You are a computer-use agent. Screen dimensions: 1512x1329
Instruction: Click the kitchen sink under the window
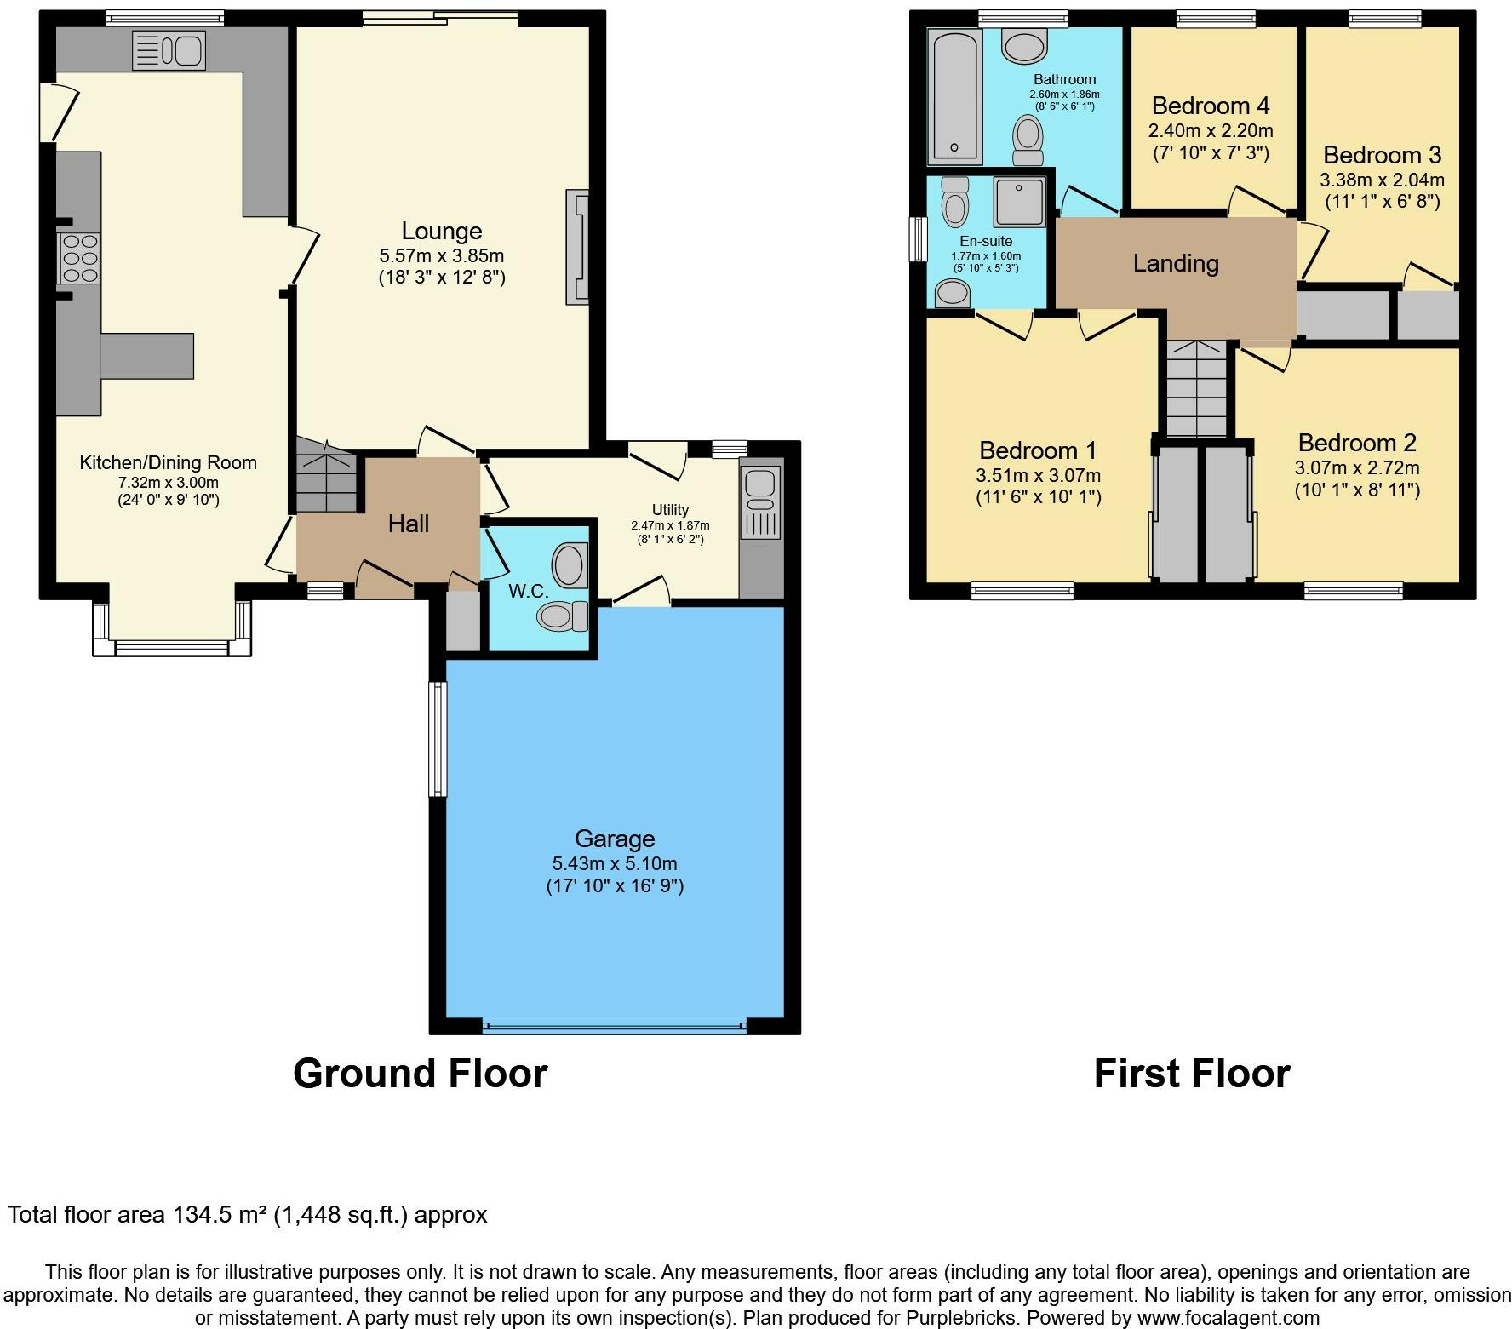169,50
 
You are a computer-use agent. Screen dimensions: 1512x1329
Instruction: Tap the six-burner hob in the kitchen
79,257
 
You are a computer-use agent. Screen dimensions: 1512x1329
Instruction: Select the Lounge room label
442,231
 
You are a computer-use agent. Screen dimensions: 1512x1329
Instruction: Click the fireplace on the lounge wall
577,246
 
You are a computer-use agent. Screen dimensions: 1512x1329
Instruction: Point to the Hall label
409,524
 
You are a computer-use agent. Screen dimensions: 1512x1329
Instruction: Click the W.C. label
528,591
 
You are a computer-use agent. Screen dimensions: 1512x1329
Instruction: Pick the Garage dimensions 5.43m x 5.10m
615,863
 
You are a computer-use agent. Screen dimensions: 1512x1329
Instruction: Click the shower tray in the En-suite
1019,202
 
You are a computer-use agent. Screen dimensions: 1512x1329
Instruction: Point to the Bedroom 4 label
1211,106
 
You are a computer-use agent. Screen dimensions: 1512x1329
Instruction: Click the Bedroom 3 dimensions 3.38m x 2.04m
1382,180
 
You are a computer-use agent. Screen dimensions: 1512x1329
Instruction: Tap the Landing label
1176,263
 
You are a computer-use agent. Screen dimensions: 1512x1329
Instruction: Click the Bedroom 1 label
1038,450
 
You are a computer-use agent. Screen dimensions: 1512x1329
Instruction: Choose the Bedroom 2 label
1357,443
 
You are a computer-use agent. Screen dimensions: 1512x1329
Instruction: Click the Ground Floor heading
420,1074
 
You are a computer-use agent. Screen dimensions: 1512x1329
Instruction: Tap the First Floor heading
1192,1074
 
